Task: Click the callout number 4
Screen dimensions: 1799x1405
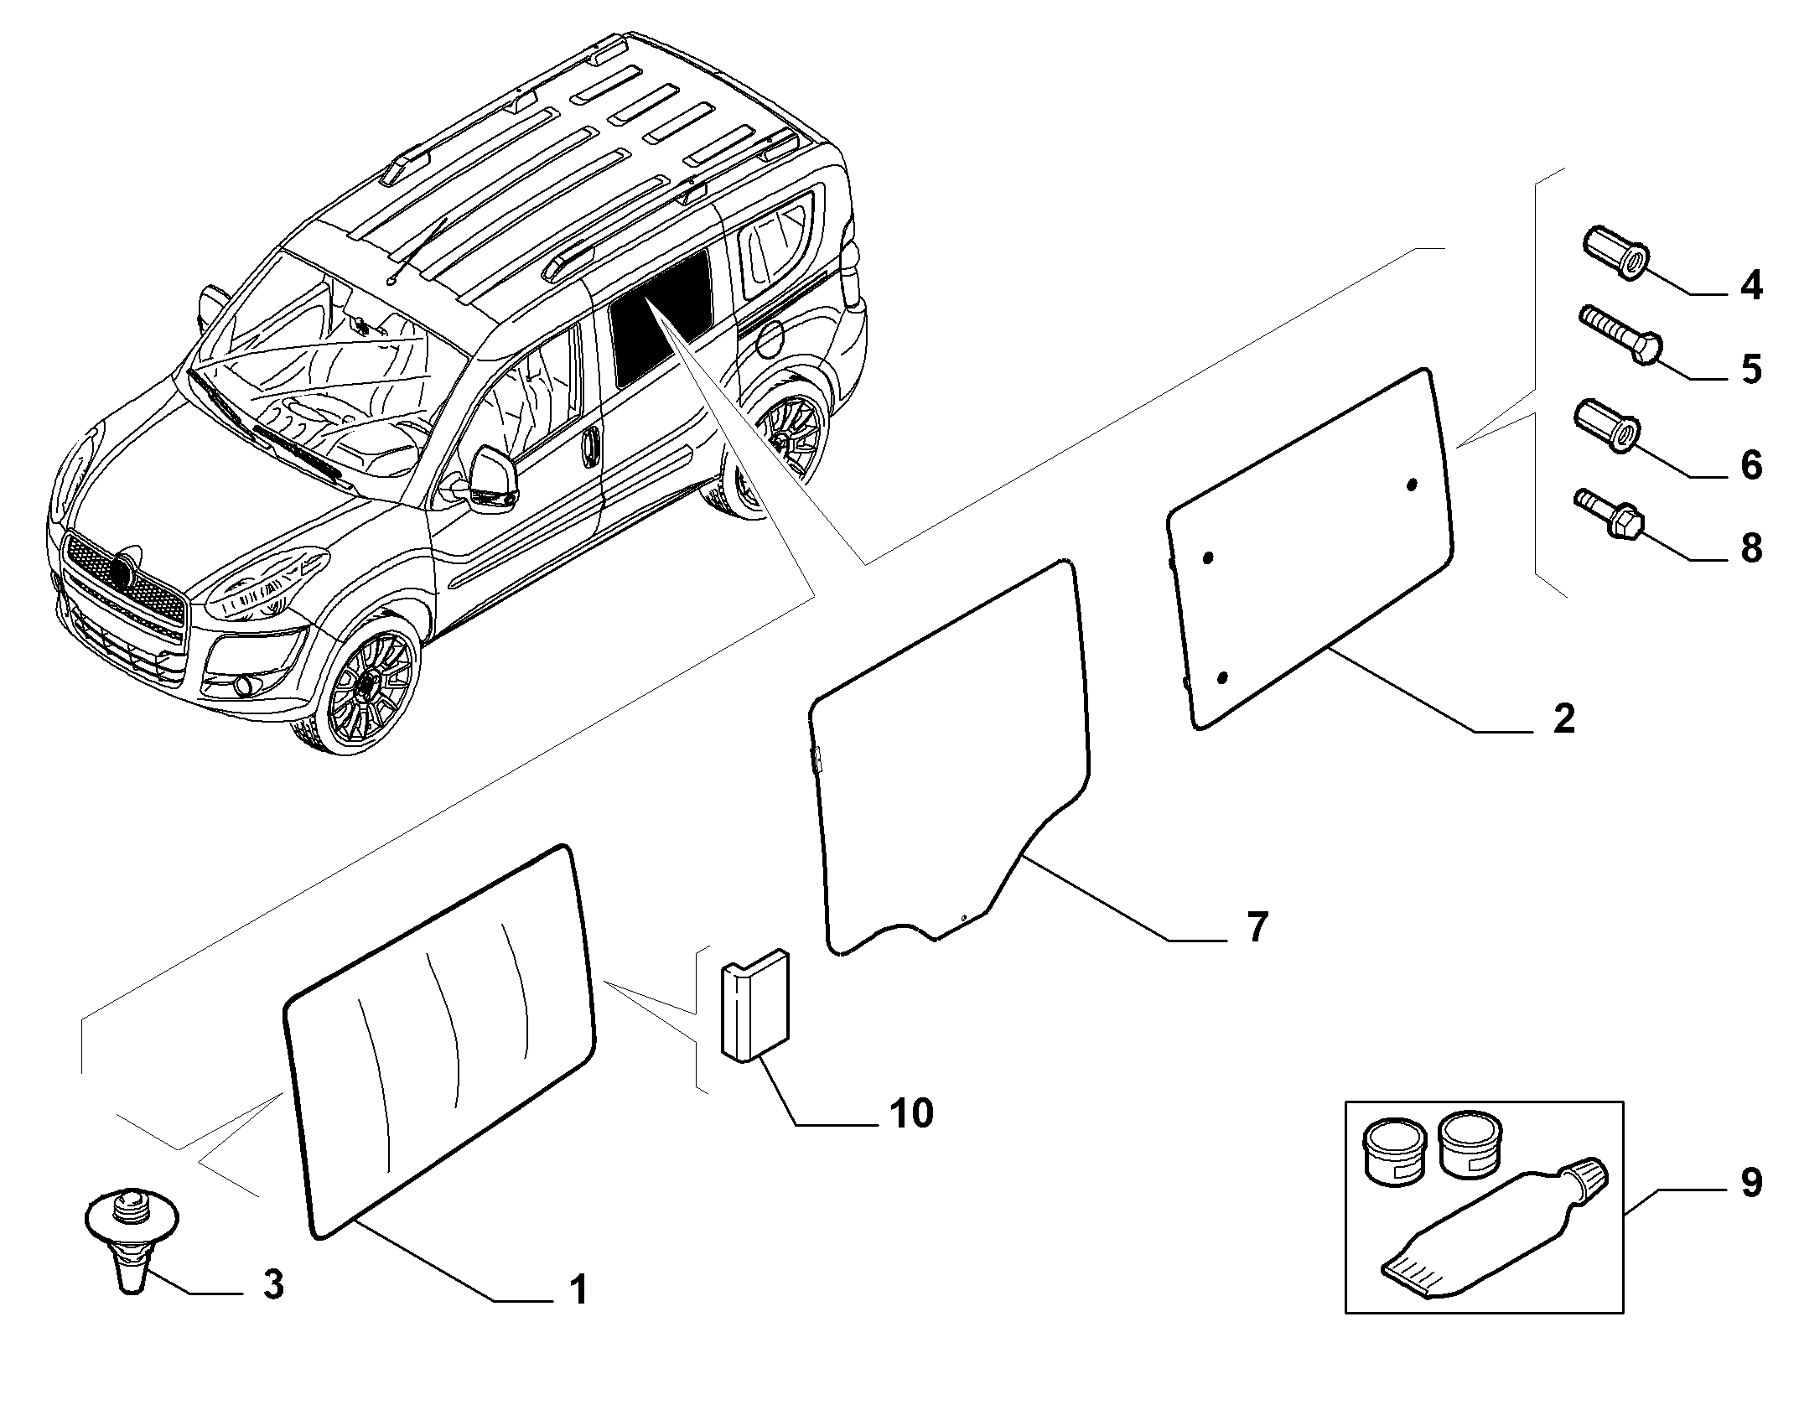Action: pyautogui.click(x=1750, y=287)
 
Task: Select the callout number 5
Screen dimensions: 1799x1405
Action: pyautogui.click(x=1750, y=370)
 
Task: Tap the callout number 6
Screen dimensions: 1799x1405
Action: pyautogui.click(x=1750, y=465)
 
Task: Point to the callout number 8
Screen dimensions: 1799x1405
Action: pyautogui.click(x=1750, y=549)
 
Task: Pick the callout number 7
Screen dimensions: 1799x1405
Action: pyautogui.click(x=1256, y=928)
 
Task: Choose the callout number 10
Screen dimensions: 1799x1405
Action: pyautogui.click(x=911, y=1114)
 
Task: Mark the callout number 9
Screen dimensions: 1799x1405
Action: pyautogui.click(x=1750, y=1183)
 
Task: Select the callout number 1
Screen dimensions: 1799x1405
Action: pyautogui.click(x=578, y=1313)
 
